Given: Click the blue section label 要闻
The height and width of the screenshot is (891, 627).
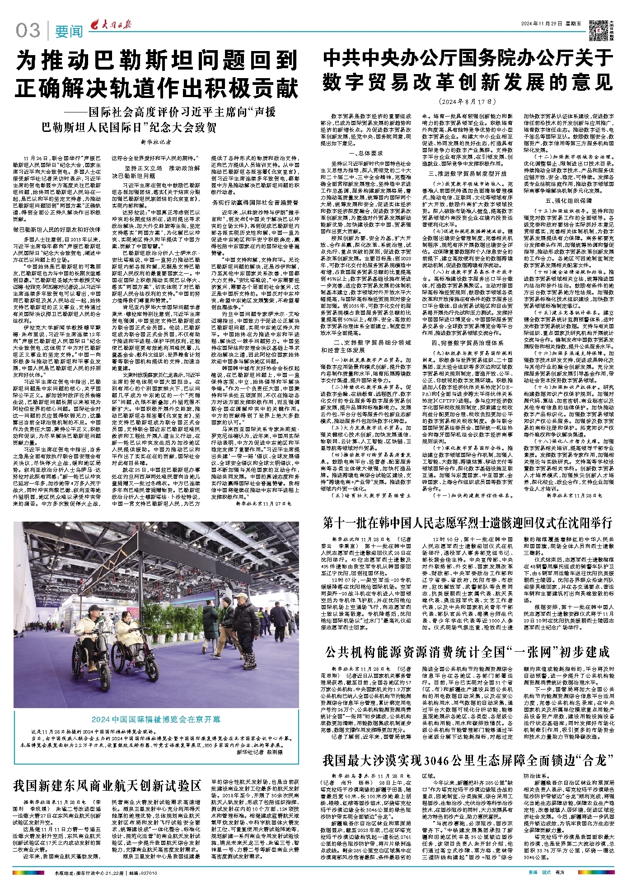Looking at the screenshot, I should coord(69,32).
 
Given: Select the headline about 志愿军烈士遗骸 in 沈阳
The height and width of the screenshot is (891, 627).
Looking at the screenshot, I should coord(468,523).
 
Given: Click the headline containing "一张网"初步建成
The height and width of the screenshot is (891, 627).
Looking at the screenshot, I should coord(468,652).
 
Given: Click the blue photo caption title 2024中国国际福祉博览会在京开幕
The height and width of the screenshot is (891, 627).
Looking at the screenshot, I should coord(156,719).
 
